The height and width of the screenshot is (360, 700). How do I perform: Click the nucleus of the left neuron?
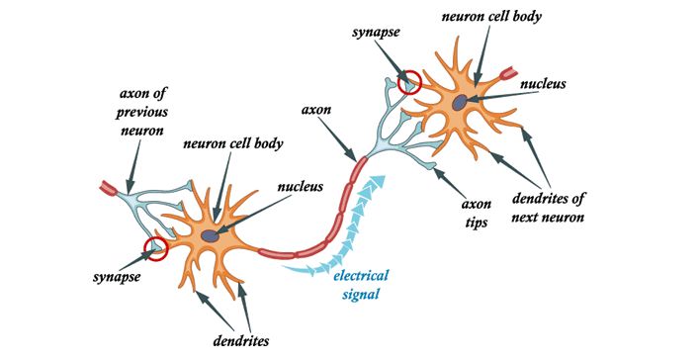[x=212, y=235]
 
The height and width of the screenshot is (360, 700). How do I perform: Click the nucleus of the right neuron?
[x=462, y=102]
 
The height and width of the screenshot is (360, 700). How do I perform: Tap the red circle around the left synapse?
[x=155, y=248]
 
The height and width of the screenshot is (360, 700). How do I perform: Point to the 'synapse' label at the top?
[x=375, y=34]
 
